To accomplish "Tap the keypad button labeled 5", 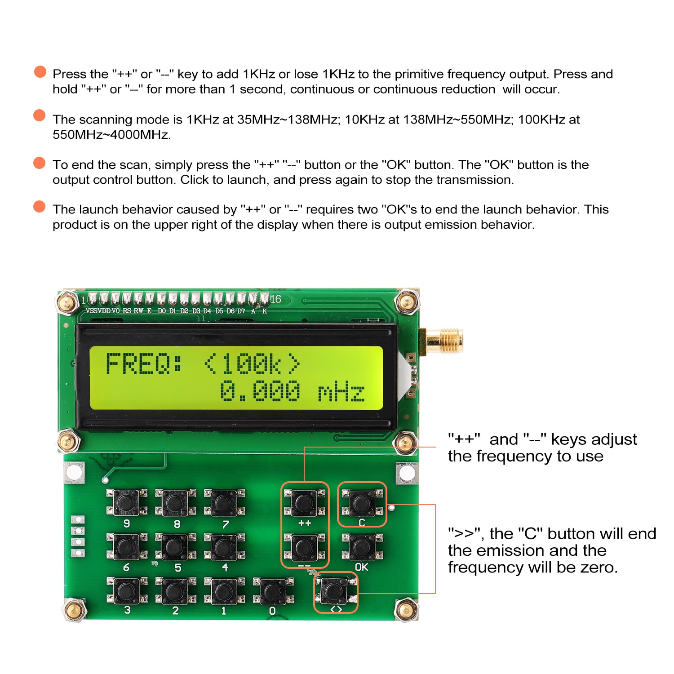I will coord(174,546).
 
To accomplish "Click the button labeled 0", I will coord(272,591).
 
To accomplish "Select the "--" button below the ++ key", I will coord(304,546).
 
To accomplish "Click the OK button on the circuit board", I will coord(362,547).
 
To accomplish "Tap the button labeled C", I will coord(362,502).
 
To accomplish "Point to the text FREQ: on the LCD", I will coord(144,364).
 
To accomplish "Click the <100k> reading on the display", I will coord(252,364).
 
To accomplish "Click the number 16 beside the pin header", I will coord(275,299).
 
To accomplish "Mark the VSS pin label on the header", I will coord(91,311).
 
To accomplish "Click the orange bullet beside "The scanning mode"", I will coord(40,115).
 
